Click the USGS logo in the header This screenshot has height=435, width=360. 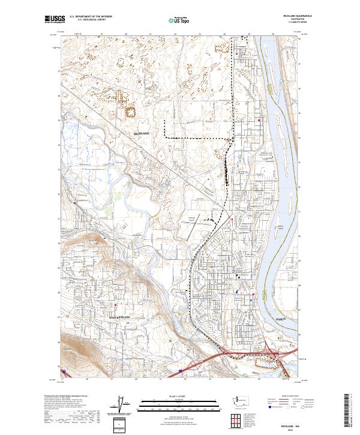pyautogui.click(x=55, y=19)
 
